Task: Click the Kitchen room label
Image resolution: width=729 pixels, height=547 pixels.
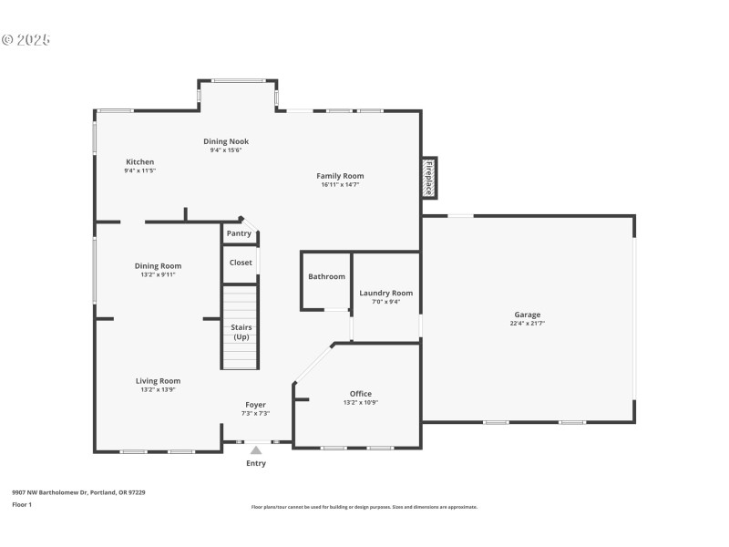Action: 140,161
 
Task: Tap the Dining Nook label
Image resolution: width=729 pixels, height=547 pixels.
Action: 226,141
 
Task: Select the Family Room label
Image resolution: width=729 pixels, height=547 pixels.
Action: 340,176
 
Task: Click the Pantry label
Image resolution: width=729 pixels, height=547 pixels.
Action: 239,233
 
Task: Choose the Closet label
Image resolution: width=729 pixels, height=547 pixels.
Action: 241,263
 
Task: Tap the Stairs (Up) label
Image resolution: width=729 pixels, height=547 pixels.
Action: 241,332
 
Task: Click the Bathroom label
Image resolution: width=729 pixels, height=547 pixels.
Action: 326,276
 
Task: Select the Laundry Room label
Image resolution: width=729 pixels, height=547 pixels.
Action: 385,293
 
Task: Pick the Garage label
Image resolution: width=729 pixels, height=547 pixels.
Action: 527,315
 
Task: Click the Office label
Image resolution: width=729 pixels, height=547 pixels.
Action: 361,394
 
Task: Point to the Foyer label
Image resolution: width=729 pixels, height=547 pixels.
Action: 255,405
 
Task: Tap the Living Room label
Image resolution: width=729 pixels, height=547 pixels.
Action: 159,381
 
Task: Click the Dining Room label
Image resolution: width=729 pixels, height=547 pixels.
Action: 159,266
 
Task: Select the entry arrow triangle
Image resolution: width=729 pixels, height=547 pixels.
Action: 256,449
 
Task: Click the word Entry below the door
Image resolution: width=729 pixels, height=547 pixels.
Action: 256,463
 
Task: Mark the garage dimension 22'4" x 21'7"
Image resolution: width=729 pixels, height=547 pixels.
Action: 527,324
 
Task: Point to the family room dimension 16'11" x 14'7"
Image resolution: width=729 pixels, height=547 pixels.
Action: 340,185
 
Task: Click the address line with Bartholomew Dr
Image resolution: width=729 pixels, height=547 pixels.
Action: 78,492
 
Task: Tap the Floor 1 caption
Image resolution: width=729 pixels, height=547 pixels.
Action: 22,504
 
